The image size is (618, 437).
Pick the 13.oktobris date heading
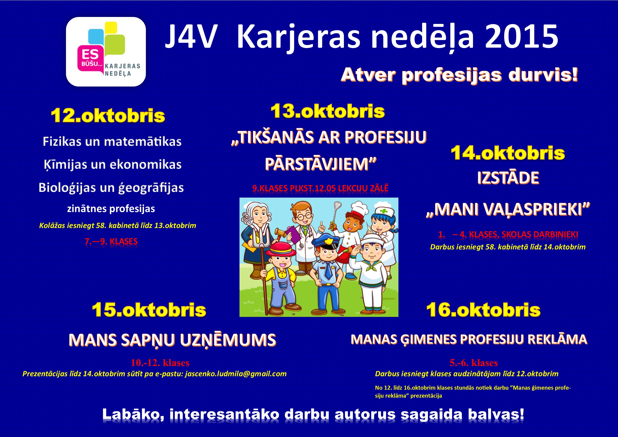point(328,111)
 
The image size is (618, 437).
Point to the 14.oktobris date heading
point(508,153)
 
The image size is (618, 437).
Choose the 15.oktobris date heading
point(149,310)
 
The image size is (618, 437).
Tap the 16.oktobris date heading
point(483,310)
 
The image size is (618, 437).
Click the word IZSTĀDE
point(508,178)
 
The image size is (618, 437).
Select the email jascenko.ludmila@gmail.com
point(236,374)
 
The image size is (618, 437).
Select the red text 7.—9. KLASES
point(111,241)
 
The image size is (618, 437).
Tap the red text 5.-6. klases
point(474,363)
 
